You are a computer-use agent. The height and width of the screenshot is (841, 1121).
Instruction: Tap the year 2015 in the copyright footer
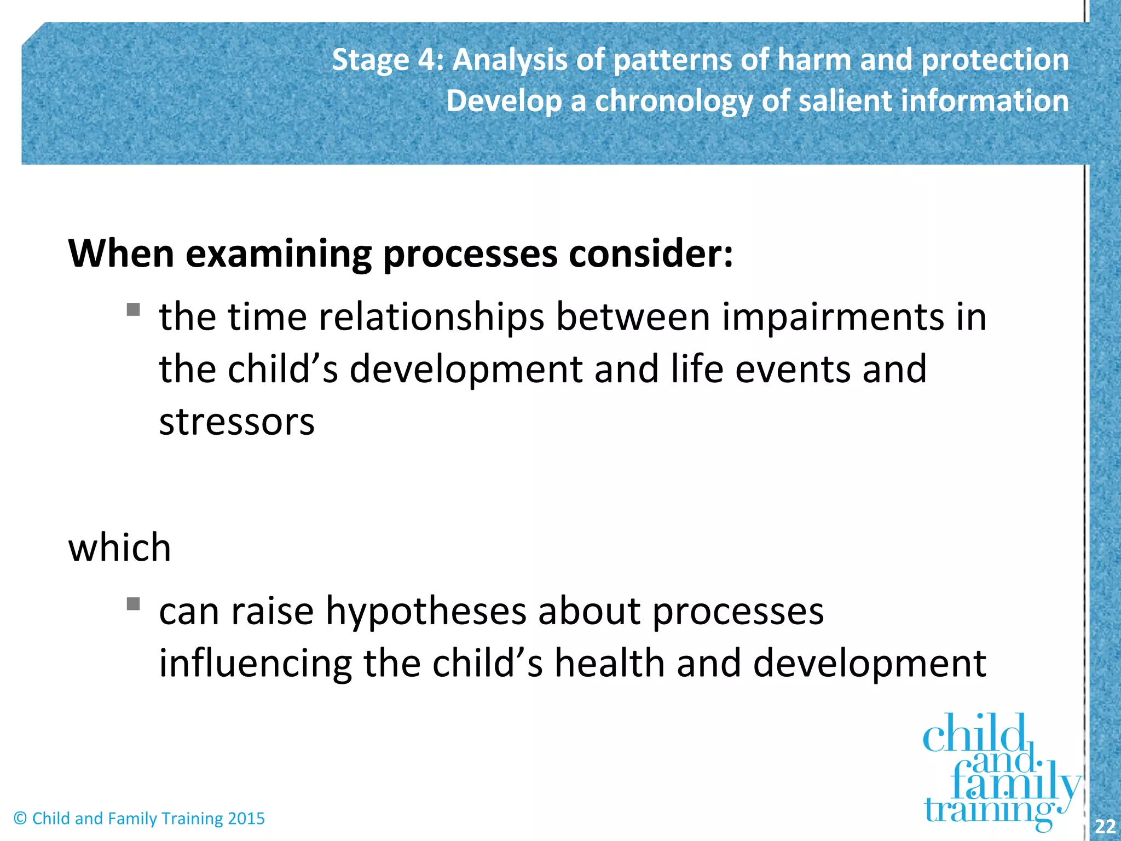246,819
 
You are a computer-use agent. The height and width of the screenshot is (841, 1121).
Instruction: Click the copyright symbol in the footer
20,819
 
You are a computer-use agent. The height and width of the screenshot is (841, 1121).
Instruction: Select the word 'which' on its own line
119,548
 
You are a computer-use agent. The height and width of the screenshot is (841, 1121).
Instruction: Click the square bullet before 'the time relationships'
133,310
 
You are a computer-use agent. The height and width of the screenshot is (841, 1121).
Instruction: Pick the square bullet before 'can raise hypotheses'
133,603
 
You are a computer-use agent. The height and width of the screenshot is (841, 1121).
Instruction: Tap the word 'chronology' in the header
674,102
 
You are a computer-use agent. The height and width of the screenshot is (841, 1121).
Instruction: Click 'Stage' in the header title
371,60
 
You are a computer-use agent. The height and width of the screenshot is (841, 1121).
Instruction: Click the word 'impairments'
833,318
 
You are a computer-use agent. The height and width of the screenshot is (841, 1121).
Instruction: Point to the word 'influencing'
255,664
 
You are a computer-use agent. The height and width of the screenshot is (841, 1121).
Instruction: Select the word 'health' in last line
609,663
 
